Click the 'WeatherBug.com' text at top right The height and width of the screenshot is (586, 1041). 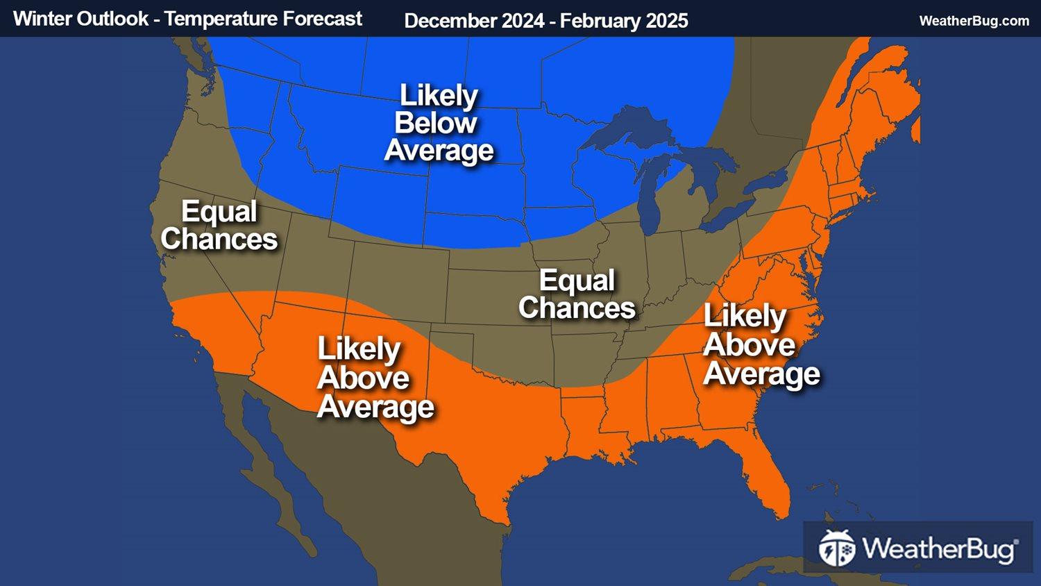(x=974, y=21)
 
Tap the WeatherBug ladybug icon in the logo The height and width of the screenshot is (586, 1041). (x=837, y=549)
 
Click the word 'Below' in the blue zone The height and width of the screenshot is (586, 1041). (x=436, y=124)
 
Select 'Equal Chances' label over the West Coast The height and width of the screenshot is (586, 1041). (x=219, y=226)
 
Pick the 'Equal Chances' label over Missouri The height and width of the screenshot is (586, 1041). (x=577, y=294)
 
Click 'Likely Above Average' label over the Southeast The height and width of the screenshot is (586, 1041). (x=761, y=345)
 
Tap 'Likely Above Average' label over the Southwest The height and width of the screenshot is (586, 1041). (x=375, y=378)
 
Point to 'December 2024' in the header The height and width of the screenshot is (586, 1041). (x=474, y=21)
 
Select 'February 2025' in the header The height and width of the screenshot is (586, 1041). (x=624, y=21)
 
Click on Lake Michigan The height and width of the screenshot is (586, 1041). (x=649, y=194)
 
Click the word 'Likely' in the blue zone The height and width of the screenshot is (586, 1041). (x=439, y=96)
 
